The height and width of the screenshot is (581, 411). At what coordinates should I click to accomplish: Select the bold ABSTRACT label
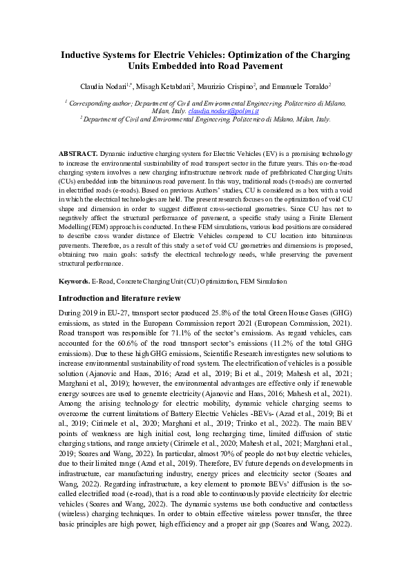click(x=77, y=152)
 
